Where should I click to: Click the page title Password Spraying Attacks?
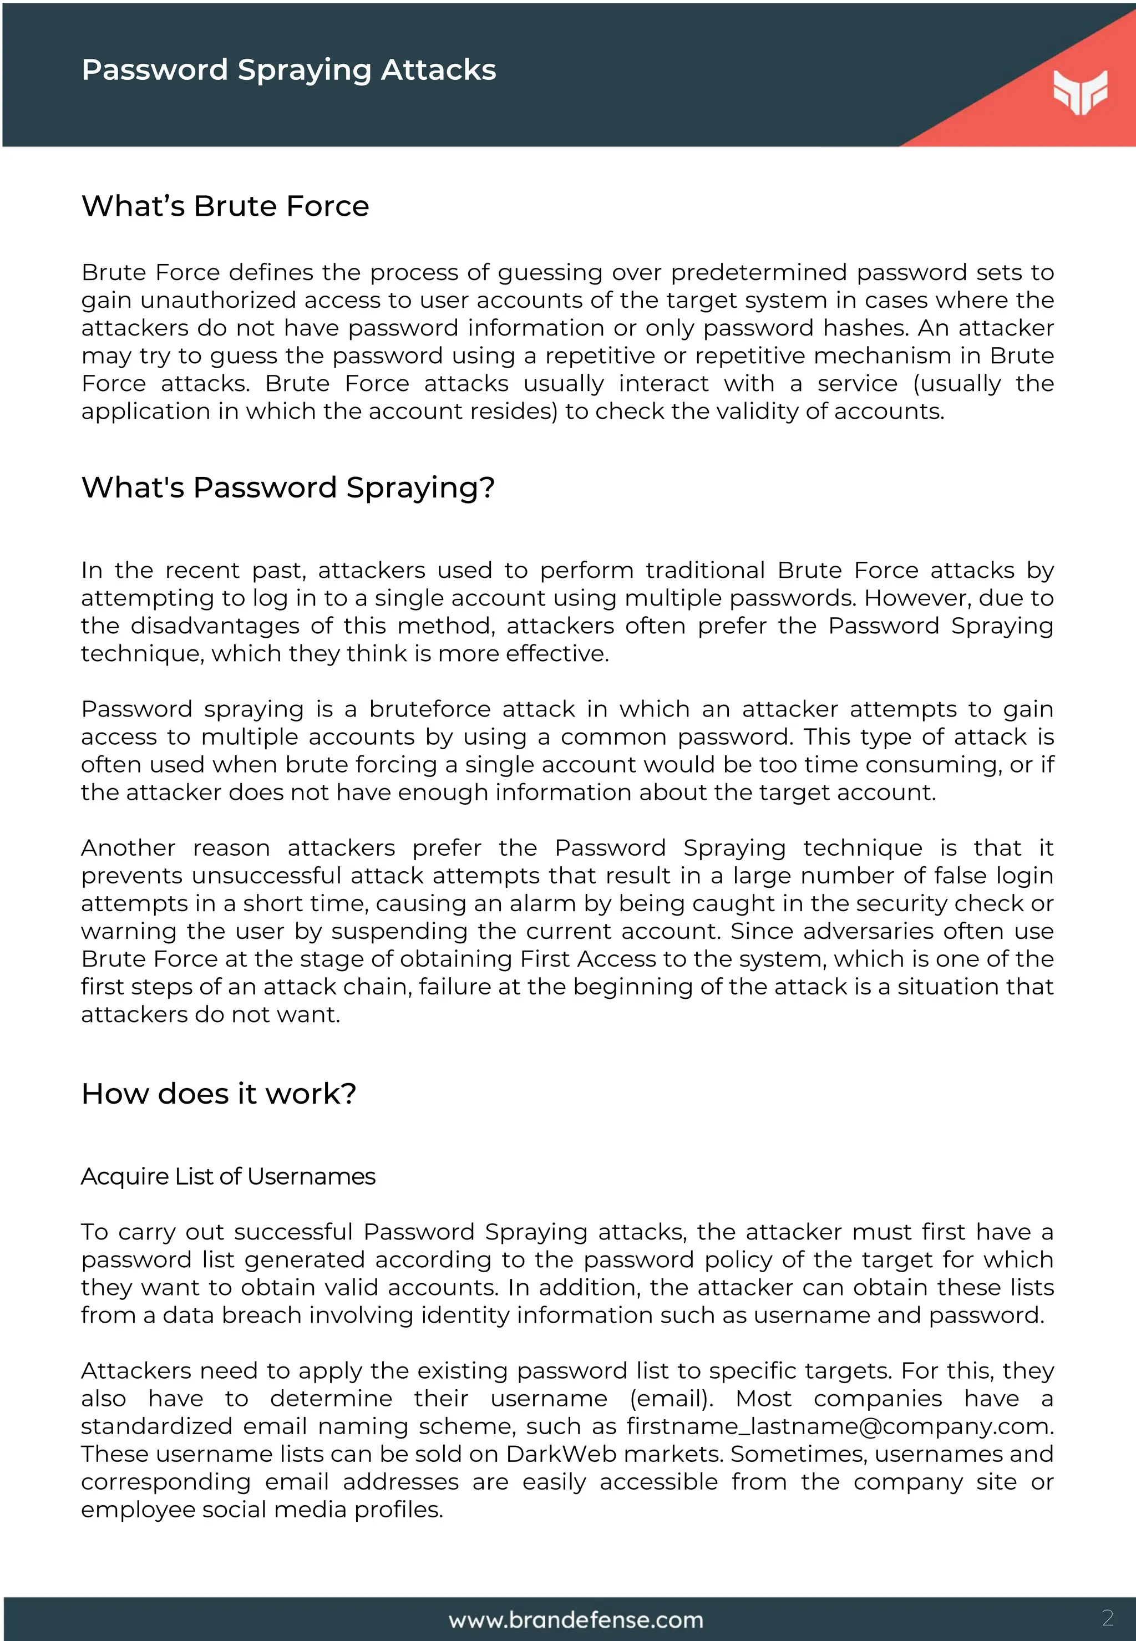[288, 70]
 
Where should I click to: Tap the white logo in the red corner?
[1080, 91]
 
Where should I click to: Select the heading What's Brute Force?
[225, 206]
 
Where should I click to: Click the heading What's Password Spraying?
[287, 488]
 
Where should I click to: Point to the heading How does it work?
[219, 1094]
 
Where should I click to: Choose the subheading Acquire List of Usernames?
[228, 1176]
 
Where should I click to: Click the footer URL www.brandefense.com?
[575, 1620]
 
